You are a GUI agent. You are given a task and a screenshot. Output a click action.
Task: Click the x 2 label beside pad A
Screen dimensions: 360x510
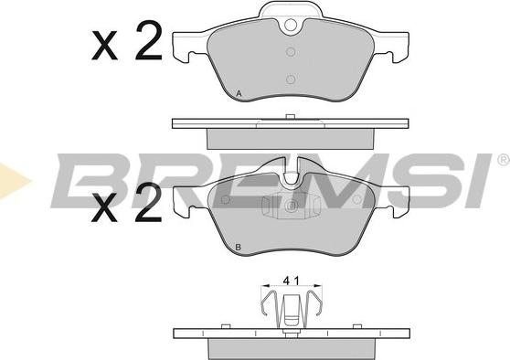click(x=127, y=43)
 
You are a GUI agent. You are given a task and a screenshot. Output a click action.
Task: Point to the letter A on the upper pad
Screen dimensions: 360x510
click(x=239, y=95)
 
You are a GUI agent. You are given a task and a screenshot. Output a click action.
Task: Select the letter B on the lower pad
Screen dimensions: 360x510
click(x=238, y=249)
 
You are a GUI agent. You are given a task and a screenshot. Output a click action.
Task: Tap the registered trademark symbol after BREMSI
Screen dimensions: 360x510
click(x=503, y=161)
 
